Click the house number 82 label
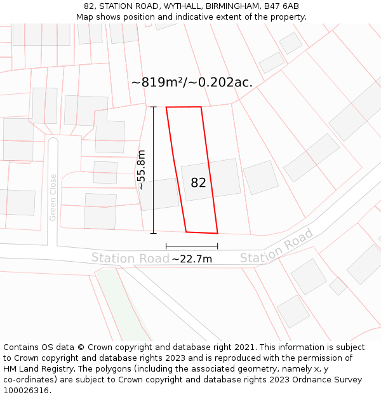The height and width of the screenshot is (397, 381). point(198,183)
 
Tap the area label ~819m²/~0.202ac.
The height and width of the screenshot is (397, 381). point(192,83)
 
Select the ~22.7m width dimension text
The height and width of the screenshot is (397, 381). point(192,259)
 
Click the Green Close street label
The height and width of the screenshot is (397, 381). point(53,198)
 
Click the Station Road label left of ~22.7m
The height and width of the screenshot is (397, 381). point(130,258)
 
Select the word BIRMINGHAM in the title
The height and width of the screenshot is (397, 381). point(230,6)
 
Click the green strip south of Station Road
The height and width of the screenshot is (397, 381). point(123,305)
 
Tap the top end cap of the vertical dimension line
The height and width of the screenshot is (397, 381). point(153,107)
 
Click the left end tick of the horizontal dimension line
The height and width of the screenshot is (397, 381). point(166,246)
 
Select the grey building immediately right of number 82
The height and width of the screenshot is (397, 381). point(260,177)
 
